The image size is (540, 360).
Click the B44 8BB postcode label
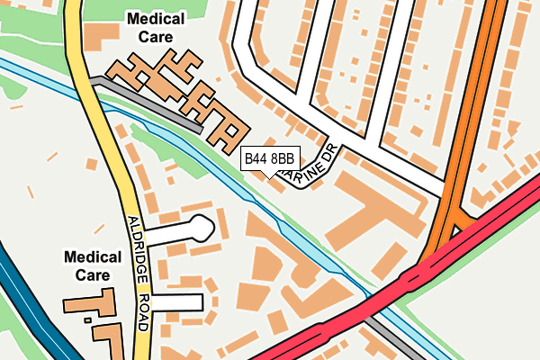269,159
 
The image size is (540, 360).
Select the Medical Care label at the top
156,28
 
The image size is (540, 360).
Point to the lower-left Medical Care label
93,265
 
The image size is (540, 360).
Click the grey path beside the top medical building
144,99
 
